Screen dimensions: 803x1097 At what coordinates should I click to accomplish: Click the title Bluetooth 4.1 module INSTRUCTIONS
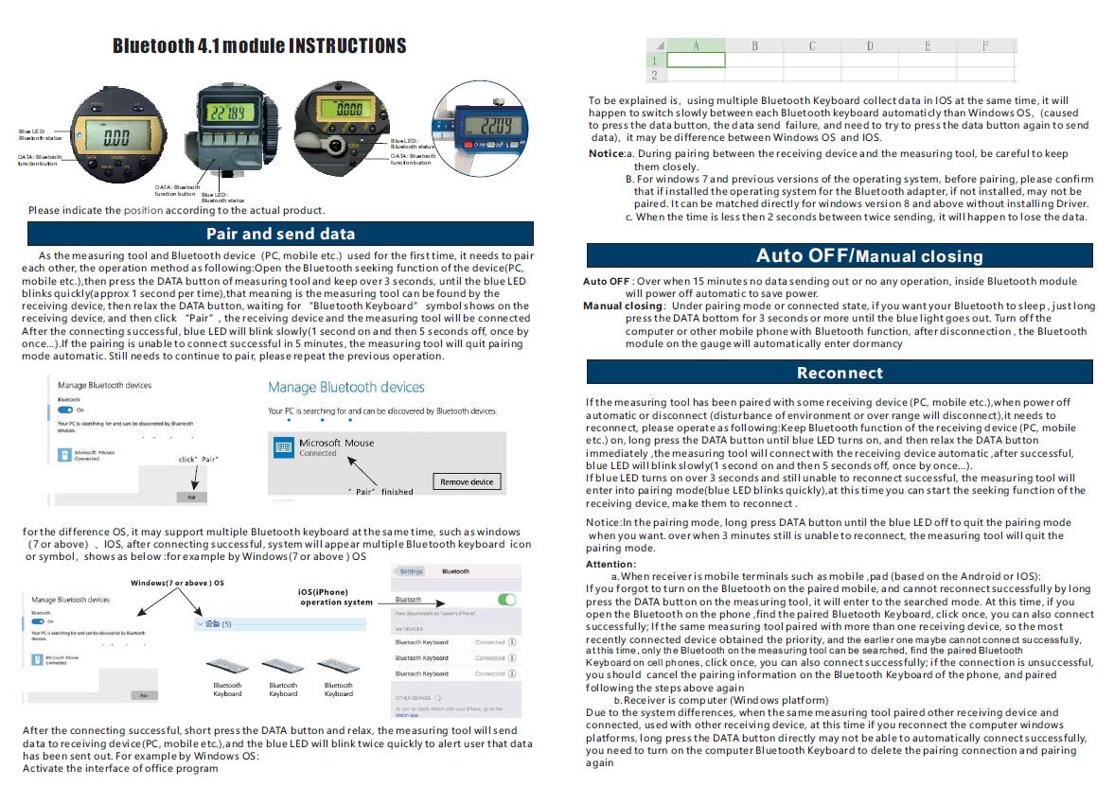pos(259,46)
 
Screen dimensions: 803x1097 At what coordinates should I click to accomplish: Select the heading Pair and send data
pos(280,234)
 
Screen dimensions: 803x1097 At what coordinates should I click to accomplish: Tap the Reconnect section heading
pos(840,373)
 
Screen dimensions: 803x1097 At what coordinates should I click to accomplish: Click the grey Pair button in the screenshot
pos(192,497)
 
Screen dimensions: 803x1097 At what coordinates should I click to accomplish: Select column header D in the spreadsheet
pos(869,45)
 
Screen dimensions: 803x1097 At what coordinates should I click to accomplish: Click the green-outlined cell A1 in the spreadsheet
pos(696,60)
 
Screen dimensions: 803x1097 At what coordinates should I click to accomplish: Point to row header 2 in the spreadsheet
pos(653,75)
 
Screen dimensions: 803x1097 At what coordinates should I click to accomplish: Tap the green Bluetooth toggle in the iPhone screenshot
pos(507,600)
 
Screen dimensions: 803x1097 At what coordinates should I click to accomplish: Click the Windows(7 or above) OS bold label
pos(177,582)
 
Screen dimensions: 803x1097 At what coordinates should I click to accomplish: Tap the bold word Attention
pos(610,564)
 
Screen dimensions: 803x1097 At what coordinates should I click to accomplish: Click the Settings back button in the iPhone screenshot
pos(410,571)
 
